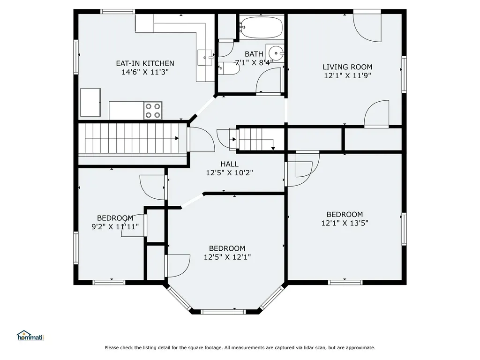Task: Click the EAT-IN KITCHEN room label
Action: click(x=145, y=63)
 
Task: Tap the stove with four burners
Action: click(x=153, y=111)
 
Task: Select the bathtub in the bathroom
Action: click(x=261, y=28)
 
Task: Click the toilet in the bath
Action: click(x=228, y=68)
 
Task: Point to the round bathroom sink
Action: click(x=276, y=53)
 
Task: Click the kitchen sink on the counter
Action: click(x=205, y=57)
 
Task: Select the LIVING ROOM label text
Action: click(x=347, y=67)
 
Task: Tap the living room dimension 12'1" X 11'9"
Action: click(x=347, y=75)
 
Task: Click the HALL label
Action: click(x=230, y=164)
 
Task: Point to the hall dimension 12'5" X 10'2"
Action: click(x=230, y=172)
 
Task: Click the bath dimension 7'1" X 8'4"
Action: click(x=254, y=63)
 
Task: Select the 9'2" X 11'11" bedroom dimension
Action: click(x=115, y=227)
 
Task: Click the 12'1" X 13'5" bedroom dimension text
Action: click(x=345, y=223)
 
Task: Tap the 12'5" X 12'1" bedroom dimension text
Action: click(x=227, y=257)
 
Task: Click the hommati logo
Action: click(x=30, y=336)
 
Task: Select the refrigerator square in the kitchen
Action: click(x=90, y=102)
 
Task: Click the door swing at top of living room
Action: click(x=367, y=28)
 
